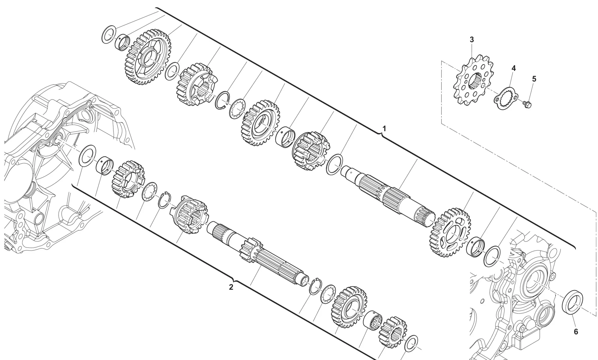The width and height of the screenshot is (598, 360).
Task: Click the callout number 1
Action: (x=385, y=129)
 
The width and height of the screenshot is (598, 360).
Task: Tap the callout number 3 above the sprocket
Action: (x=472, y=39)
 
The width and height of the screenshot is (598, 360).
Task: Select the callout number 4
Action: (x=513, y=68)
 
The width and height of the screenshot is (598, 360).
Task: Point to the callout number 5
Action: (x=534, y=79)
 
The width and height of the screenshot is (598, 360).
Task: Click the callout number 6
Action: (x=576, y=332)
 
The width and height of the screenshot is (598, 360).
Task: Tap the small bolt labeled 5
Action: (x=528, y=104)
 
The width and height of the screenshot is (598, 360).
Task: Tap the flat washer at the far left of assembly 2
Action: (x=87, y=155)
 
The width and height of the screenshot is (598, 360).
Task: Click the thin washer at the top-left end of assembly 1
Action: (x=109, y=34)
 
